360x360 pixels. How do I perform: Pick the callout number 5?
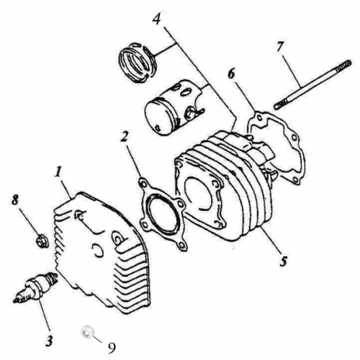[283, 260]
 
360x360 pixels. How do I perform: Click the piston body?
[169, 108]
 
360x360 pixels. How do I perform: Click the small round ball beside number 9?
[86, 332]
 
